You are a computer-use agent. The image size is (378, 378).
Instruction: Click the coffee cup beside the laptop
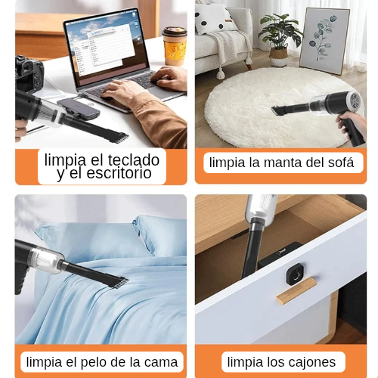pos(175,46)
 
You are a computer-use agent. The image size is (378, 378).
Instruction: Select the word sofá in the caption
pos(341,162)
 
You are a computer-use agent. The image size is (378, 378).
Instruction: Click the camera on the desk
pos(28,74)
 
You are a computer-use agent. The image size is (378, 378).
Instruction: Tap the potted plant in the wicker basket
pos(279,39)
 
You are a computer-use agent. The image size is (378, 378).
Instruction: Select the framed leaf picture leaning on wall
pos(324,41)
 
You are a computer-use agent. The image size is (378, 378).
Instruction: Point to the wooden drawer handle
pos(296,290)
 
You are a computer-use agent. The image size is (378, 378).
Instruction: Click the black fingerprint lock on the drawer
pos(296,274)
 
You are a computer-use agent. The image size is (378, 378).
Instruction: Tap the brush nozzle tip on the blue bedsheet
pos(119,283)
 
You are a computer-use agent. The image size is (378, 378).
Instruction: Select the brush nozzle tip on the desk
pos(119,138)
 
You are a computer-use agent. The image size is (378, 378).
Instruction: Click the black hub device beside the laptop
pos(79,108)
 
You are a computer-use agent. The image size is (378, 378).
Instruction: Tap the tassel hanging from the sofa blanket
pos(221,74)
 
